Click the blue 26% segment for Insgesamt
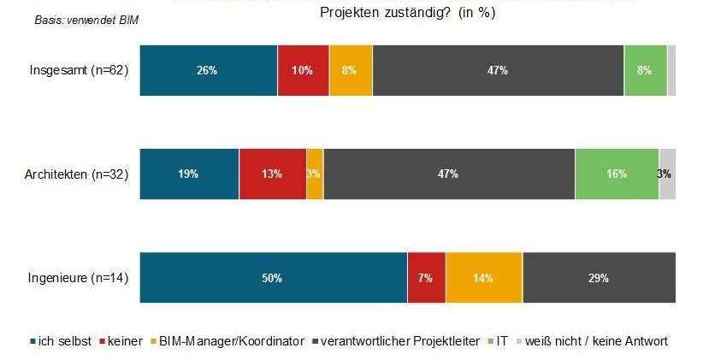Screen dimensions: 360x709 [208, 70]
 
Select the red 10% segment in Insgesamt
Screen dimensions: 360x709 [303, 70]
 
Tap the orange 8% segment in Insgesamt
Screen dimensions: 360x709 [351, 70]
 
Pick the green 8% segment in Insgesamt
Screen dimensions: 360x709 [645, 70]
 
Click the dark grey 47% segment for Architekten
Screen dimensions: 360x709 [449, 174]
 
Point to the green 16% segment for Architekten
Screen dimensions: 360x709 [617, 174]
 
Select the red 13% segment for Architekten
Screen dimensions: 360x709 [272, 174]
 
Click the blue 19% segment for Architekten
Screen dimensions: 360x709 [189, 174]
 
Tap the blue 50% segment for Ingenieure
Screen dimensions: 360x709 [273, 278]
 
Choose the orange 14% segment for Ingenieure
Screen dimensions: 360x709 [484, 278]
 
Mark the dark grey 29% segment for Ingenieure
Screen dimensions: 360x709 [599, 278]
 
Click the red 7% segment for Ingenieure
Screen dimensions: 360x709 [426, 278]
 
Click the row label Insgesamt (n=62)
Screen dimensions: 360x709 [79, 70]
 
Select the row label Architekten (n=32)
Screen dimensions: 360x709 [76, 174]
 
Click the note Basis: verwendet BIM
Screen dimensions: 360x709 [86, 20]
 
